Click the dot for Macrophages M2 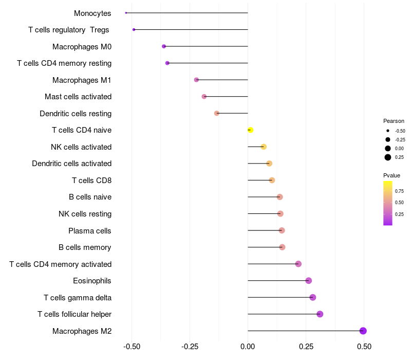[x=363, y=331]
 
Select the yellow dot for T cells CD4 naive [x=250, y=130]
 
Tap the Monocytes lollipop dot [x=126, y=13]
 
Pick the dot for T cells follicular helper [x=320, y=314]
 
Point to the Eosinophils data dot [x=309, y=281]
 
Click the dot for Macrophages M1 [x=196, y=80]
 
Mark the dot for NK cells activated [x=264, y=147]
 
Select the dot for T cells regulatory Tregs [x=134, y=30]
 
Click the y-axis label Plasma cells [x=90, y=230]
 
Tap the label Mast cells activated [x=78, y=97]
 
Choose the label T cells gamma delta [x=78, y=297]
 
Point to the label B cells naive [x=90, y=197]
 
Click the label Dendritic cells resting [x=76, y=113]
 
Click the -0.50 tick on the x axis [x=132, y=346]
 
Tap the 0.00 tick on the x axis [x=248, y=346]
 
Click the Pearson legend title [x=394, y=121]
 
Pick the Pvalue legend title [x=391, y=175]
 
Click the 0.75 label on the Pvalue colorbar [x=399, y=191]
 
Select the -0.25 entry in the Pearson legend [x=400, y=139]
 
